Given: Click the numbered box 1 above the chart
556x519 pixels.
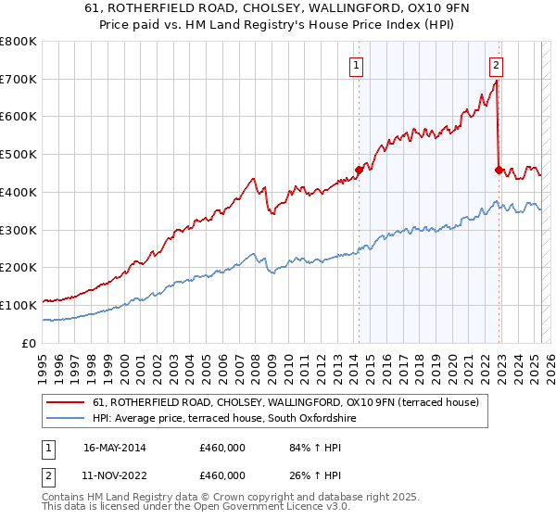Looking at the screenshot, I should click(x=357, y=65).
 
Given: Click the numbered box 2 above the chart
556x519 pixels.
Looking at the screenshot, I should click(x=497, y=65).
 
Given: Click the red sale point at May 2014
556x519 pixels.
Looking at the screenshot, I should click(x=359, y=170).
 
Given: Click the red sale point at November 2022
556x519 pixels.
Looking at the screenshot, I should click(x=499, y=170).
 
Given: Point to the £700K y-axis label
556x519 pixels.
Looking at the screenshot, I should click(x=19, y=80).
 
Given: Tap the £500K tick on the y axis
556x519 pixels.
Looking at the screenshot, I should click(x=19, y=155).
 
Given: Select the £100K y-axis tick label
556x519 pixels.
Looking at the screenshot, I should click(x=19, y=305).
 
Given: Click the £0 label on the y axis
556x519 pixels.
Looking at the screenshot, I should click(x=30, y=343).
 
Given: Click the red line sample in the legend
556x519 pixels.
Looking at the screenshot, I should click(x=65, y=402).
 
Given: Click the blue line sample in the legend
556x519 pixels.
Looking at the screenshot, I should click(x=65, y=419).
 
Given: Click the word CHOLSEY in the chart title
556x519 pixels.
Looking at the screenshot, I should click(x=266, y=10).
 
